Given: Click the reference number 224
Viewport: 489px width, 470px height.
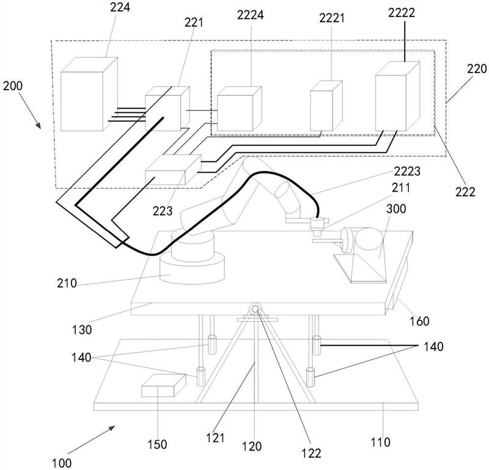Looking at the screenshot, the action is pyautogui.click(x=120, y=7).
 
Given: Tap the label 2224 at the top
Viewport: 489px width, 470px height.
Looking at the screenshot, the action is pyautogui.click(x=250, y=15).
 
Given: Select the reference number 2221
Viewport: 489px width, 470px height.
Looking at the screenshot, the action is pyautogui.click(x=332, y=18).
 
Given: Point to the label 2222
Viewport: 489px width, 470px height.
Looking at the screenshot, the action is pyautogui.click(x=402, y=12).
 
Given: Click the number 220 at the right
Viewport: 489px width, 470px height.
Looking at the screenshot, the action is pyautogui.click(x=477, y=69).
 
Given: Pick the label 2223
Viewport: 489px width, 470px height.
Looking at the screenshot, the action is pyautogui.click(x=407, y=171).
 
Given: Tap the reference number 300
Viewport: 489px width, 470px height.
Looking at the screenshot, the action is pyautogui.click(x=396, y=209).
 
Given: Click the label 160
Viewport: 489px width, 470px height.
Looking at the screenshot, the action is pyautogui.click(x=419, y=321).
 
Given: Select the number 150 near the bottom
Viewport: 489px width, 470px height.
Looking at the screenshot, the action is pyautogui.click(x=157, y=444).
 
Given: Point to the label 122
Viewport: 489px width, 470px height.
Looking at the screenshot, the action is pyautogui.click(x=311, y=453).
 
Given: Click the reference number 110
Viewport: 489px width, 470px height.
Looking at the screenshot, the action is pyautogui.click(x=380, y=442).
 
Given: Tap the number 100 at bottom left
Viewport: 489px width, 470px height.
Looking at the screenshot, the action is pyautogui.click(x=62, y=463).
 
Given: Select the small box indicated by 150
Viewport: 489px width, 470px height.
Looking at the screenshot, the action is pyautogui.click(x=164, y=386).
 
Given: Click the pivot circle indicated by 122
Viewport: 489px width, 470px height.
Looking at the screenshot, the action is pyautogui.click(x=255, y=309).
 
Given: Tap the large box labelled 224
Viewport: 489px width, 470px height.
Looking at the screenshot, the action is pyautogui.click(x=89, y=94).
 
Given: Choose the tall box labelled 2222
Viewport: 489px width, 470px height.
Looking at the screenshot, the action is pyautogui.click(x=398, y=96).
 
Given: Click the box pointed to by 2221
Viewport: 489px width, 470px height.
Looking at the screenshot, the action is pyautogui.click(x=326, y=106).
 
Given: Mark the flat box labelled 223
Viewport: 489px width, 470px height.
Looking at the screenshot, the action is pyautogui.click(x=174, y=170).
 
